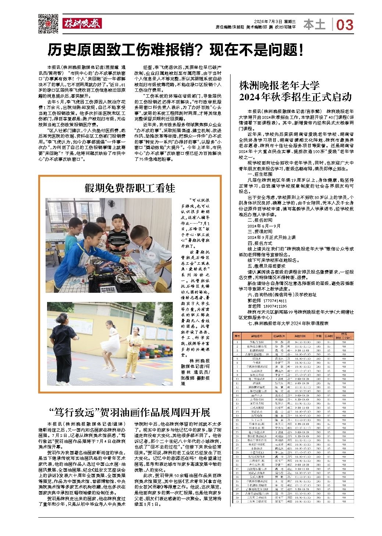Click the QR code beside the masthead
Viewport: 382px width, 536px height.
click(48, 24)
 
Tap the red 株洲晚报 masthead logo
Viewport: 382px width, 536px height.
click(82, 24)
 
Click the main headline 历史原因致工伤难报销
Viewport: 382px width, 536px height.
click(176, 50)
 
